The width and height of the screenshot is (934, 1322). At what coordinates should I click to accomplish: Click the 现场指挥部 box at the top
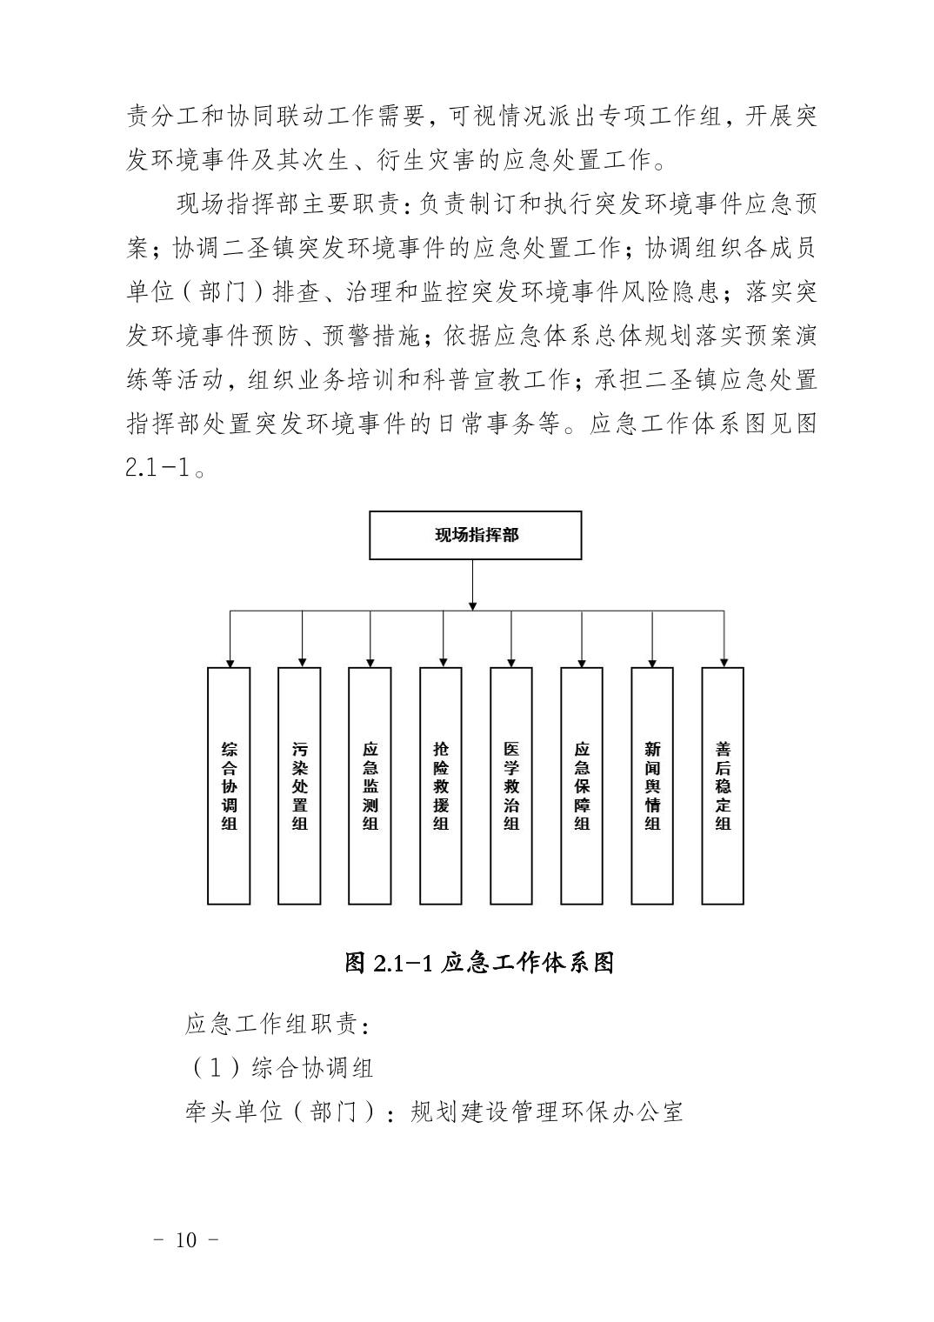(x=475, y=535)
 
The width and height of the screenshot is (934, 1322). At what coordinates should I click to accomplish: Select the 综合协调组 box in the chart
(x=229, y=785)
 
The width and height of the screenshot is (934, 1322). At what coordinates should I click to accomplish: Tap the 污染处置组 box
(x=299, y=785)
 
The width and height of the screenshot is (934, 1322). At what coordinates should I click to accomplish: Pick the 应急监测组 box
(x=370, y=785)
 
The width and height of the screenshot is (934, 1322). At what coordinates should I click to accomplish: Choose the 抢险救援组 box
(x=441, y=785)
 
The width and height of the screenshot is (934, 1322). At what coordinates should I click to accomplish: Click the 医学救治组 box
(x=511, y=785)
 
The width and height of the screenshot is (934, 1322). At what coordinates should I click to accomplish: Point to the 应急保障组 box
(x=582, y=785)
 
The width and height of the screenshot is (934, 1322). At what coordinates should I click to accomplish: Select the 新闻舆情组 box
(x=652, y=785)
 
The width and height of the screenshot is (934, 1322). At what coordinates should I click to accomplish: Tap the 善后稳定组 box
(x=723, y=785)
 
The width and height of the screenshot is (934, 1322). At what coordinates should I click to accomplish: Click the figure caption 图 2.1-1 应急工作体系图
(x=479, y=963)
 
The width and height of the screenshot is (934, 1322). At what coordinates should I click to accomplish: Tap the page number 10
(x=186, y=1239)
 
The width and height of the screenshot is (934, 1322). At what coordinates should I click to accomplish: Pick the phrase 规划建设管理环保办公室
(x=547, y=1111)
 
